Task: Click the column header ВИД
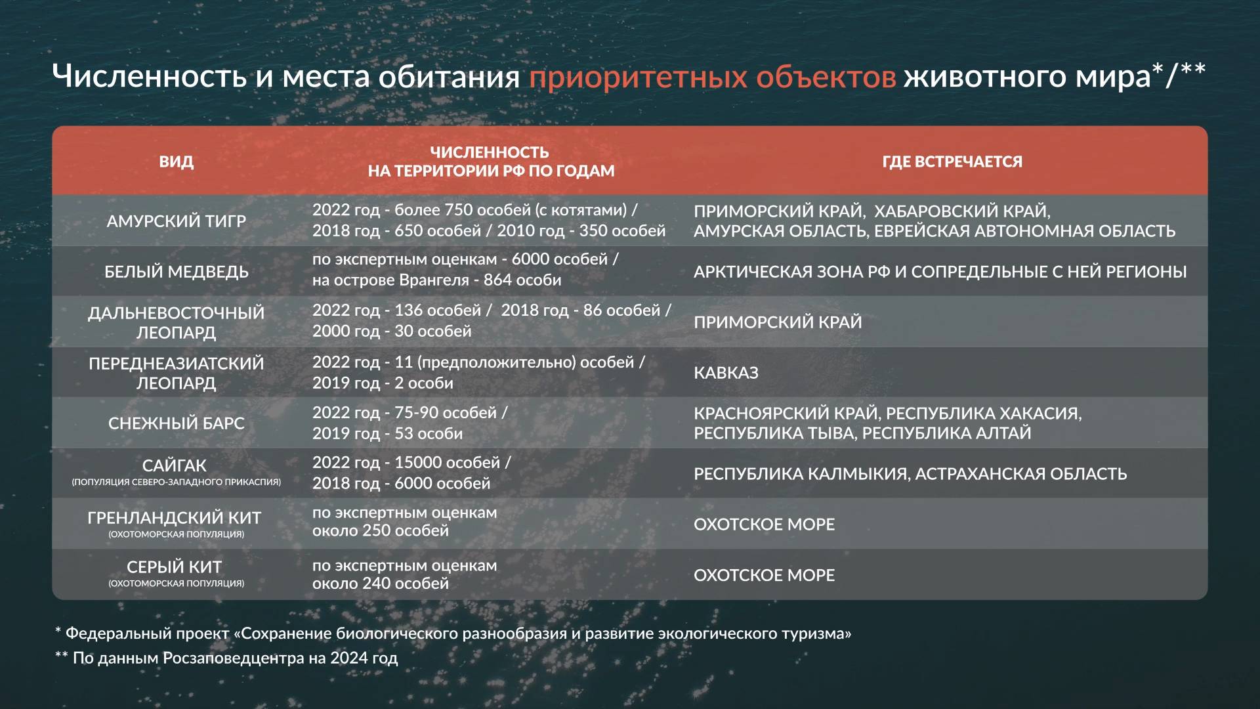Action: pos(176,161)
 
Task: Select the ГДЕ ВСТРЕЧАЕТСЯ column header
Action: pos(952,161)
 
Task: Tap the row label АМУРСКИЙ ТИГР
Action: pos(176,221)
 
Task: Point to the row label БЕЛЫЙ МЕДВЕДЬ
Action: pos(176,272)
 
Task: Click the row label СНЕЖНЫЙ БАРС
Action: pos(176,423)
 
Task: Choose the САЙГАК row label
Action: pos(175,465)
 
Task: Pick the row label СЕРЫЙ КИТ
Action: pos(175,567)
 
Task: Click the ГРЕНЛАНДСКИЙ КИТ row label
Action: pos(175,518)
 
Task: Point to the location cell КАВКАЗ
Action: pos(726,373)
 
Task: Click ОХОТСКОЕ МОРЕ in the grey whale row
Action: pos(764,575)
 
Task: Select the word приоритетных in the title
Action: pos(638,77)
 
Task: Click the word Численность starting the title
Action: pos(149,76)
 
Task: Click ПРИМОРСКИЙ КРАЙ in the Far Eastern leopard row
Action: pos(777,322)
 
